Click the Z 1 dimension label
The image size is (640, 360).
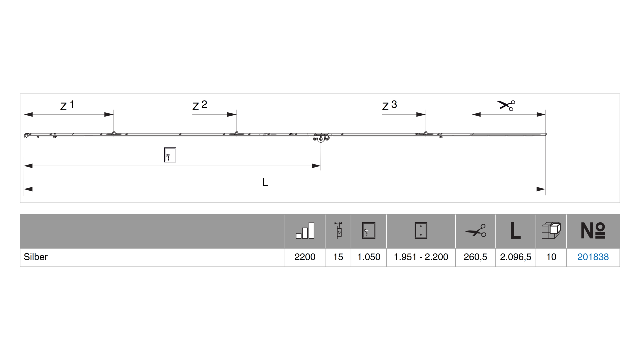click(67, 105)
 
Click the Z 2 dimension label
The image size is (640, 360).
click(200, 105)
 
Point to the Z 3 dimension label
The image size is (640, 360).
click(389, 105)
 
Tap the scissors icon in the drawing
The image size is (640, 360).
click(506, 105)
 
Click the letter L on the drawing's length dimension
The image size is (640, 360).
click(265, 182)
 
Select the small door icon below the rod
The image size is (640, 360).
click(170, 155)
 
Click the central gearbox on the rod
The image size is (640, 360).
click(321, 137)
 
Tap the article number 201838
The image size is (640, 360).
click(593, 257)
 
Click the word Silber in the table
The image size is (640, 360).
click(36, 257)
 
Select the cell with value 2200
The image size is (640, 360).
click(305, 257)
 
